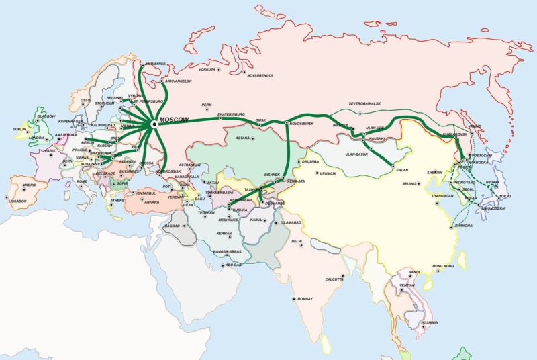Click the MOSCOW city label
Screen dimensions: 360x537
[175, 119]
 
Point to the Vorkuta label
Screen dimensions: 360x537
[208, 69]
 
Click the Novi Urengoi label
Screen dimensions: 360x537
[260, 75]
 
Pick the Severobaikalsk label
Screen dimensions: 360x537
[364, 103]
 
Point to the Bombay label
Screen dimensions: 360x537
[305, 298]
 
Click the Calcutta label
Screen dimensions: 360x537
[334, 279]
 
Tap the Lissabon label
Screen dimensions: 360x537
[19, 201]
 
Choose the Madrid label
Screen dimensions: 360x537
[29, 185]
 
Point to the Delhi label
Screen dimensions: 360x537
[297, 240]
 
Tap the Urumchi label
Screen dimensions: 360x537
[328, 173]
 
